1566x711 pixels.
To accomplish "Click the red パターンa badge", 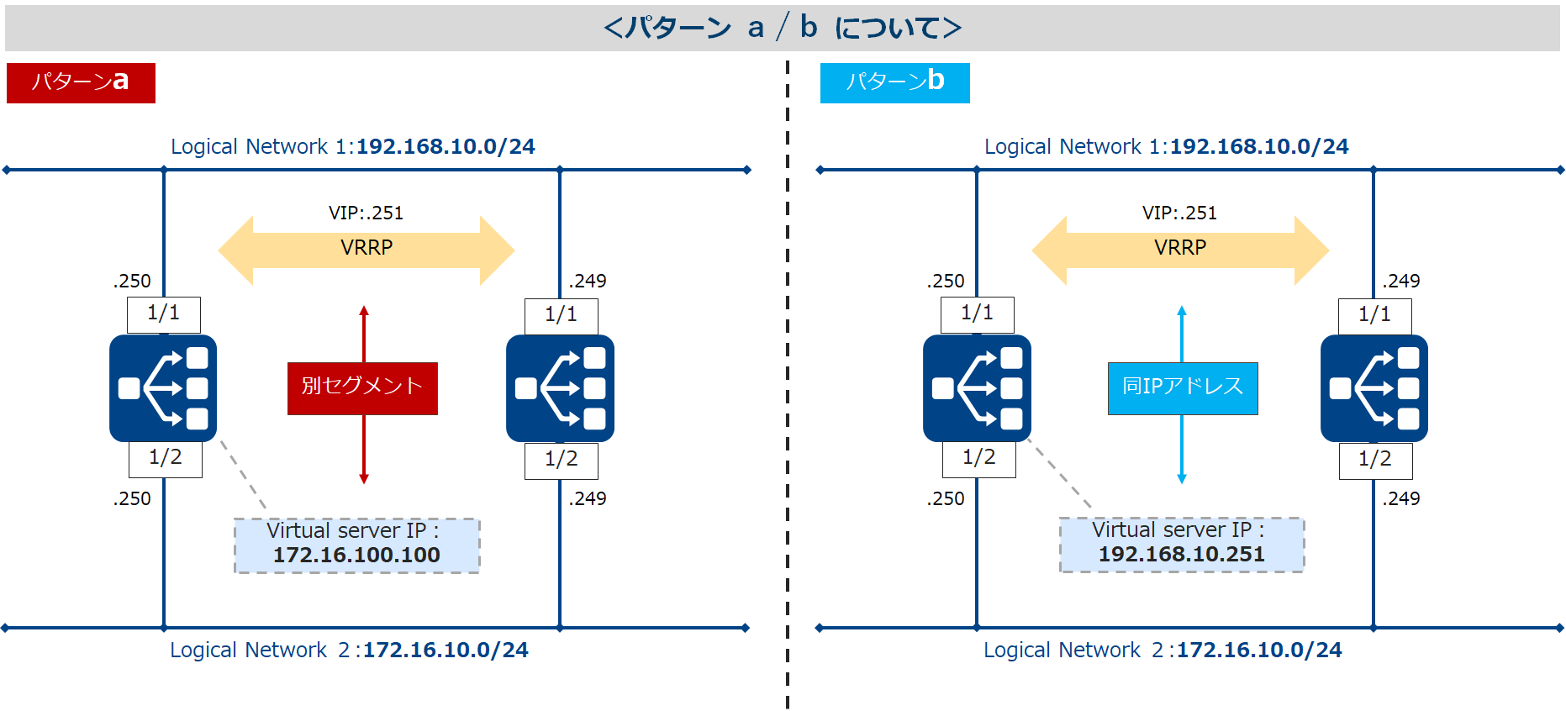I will coord(81,82).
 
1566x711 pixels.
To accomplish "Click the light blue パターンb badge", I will coord(894,82).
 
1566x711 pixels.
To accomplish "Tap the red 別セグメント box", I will coord(362,387).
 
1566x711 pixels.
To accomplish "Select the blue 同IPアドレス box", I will coord(1182,387).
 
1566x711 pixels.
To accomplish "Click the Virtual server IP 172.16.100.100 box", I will coord(356,545).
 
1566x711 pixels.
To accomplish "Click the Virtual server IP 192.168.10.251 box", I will coord(1181,545).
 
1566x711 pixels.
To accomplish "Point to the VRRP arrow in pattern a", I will coord(366,250).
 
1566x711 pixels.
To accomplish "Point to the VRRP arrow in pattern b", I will coord(1180,250).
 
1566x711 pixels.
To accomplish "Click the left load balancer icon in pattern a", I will coord(163,387).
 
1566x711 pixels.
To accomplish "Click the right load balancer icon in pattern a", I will coord(560,387).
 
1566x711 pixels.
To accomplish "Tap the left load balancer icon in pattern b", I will coord(977,387).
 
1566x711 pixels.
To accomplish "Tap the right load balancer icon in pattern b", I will coord(1374,387).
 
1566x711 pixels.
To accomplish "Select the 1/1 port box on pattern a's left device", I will coord(164,314).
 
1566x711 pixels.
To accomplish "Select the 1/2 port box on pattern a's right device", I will coord(562,460).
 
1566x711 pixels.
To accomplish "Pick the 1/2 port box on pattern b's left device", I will coord(978,459).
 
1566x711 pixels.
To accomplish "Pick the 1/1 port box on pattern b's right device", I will coord(1374,315).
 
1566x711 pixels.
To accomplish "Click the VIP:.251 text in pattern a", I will coord(366,213).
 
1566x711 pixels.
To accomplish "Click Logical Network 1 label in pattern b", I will coord(1166,147).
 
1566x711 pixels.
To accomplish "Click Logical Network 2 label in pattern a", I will coord(349,650).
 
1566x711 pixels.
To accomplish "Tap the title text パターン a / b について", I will coord(782,29).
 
